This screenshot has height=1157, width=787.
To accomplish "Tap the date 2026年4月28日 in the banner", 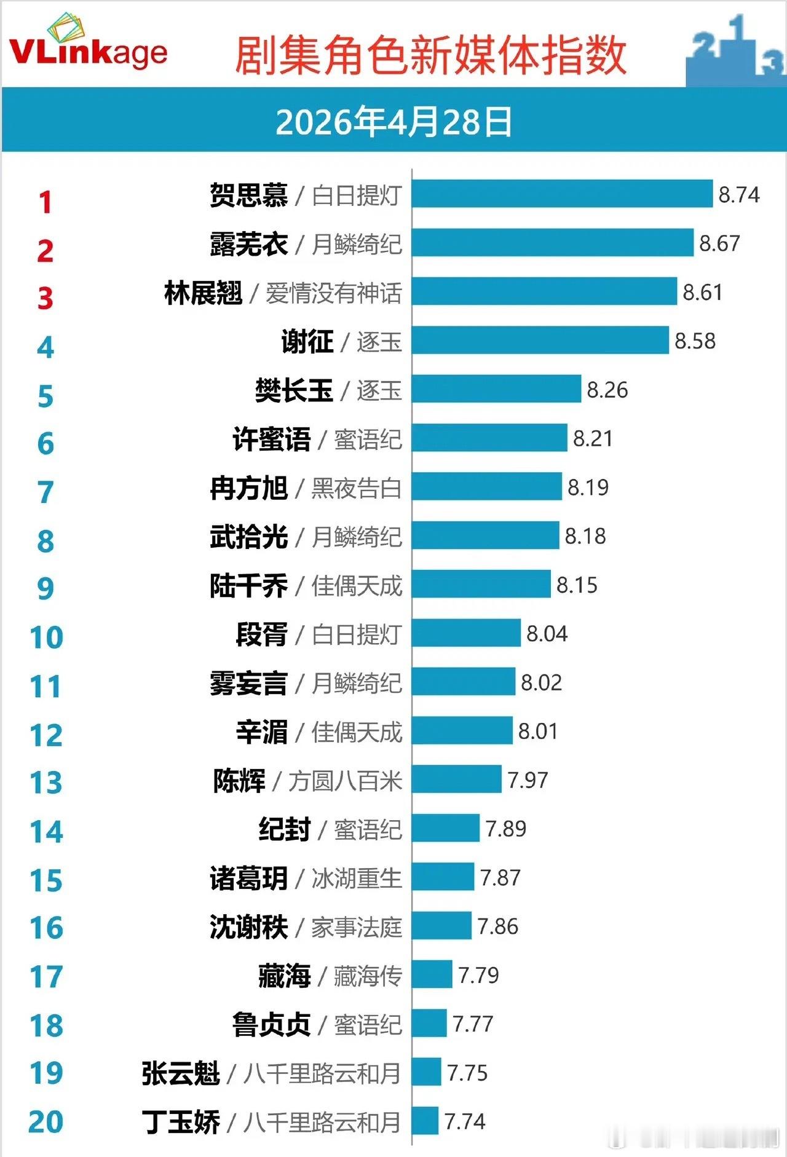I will point(393,122).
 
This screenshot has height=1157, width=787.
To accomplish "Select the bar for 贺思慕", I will point(562,194).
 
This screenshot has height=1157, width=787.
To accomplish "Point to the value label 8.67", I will point(719,243).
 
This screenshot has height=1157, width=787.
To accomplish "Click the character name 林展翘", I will point(204,293).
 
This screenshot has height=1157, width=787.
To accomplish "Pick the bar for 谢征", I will point(540,341).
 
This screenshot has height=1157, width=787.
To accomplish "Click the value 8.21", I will point(593,438).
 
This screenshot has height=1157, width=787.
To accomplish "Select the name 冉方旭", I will point(248,488).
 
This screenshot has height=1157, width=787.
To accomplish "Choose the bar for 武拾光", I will point(485,535).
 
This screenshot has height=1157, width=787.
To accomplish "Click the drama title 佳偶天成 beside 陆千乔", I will point(357,585).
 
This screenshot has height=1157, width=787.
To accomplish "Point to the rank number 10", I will point(46,638).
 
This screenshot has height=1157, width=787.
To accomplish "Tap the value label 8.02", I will point(541,682).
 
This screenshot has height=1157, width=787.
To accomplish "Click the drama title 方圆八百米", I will point(345,781).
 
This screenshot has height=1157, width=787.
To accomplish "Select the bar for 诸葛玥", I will point(443,877).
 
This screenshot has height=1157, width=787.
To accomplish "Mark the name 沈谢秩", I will point(248,927).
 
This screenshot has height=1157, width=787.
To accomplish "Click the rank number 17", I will point(46,977).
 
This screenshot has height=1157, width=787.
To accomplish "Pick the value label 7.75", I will point(467,1073).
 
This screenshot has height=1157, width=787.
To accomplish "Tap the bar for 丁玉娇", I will point(425,1121).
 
